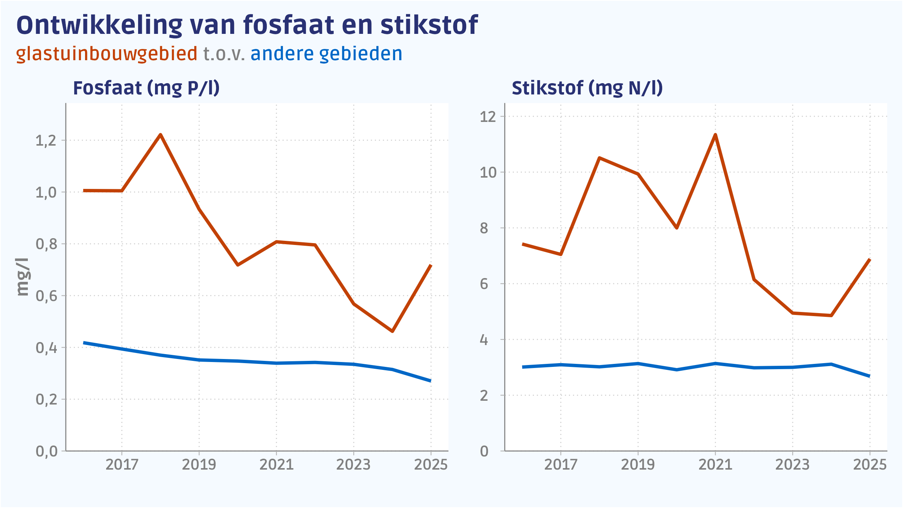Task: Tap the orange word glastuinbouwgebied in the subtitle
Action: point(106,54)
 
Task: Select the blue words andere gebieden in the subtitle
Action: point(326,54)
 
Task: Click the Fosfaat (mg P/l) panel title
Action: point(146,88)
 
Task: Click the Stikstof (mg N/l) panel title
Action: point(587,88)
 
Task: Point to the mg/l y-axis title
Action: point(23,277)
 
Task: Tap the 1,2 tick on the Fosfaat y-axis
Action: point(46,141)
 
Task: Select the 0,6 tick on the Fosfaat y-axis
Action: point(46,296)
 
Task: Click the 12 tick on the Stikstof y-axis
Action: point(488,117)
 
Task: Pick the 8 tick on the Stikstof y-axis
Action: point(484,228)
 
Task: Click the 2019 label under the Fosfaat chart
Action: point(199,465)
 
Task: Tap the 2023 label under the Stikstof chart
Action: point(792,465)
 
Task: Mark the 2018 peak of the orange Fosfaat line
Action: point(161,135)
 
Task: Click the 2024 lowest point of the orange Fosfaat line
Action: point(392,331)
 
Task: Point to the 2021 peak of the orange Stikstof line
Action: point(715,135)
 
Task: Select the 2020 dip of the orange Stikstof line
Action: point(676,228)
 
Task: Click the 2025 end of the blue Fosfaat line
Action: point(430,381)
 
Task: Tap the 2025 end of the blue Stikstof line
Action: point(869,376)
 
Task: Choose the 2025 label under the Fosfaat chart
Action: point(431,465)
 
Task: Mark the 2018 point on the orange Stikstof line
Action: point(599,158)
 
